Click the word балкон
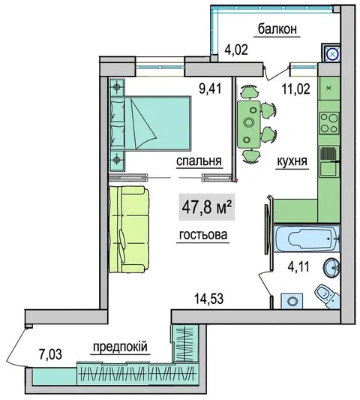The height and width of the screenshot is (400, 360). (x=277, y=29)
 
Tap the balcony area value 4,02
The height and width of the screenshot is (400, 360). (x=236, y=50)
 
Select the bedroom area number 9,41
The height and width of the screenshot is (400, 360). (x=211, y=89)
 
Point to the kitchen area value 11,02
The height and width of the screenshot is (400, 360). (x=296, y=89)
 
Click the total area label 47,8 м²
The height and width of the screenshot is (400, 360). (x=207, y=207)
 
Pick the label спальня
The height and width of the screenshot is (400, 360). (x=199, y=161)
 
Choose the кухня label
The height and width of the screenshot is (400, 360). (x=292, y=161)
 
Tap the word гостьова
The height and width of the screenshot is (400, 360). (x=203, y=234)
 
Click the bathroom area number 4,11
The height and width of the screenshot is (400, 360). (x=298, y=267)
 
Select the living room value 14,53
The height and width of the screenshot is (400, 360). (x=208, y=299)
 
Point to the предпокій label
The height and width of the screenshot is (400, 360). (x=120, y=347)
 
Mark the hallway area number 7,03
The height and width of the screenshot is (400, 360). (x=50, y=354)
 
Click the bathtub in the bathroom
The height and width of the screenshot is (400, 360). (x=307, y=238)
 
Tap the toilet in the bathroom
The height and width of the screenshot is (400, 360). (x=326, y=296)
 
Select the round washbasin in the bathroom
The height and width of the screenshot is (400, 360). (x=331, y=267)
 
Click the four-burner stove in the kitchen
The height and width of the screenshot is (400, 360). (x=329, y=123)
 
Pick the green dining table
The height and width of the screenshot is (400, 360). (x=248, y=125)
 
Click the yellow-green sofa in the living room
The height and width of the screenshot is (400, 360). (x=129, y=230)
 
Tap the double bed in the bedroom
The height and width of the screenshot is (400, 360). (x=151, y=123)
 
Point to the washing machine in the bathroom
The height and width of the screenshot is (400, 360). (x=292, y=301)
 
